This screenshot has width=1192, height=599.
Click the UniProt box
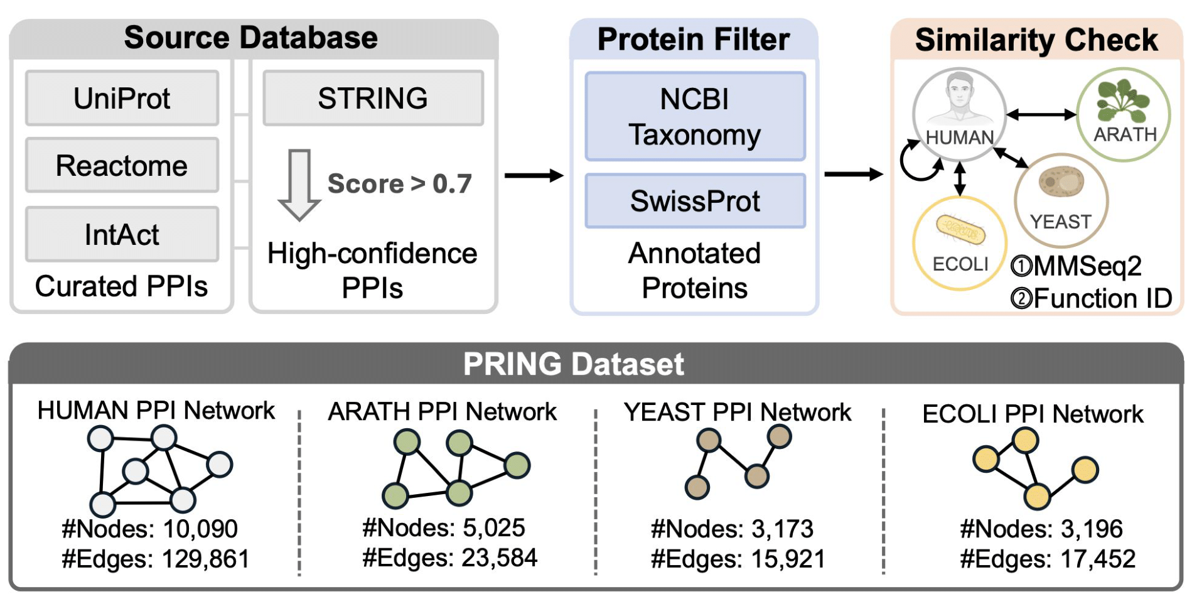pyautogui.click(x=122, y=98)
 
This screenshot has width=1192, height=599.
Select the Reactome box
pyautogui.click(x=122, y=166)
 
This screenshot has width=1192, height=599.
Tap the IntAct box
pyautogui.click(x=122, y=234)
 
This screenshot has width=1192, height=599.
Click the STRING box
pyautogui.click(x=373, y=98)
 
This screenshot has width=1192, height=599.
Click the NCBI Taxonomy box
pyautogui.click(x=695, y=117)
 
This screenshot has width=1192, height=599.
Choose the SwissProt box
pyautogui.click(x=695, y=201)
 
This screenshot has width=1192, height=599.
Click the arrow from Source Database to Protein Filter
pyautogui.click(x=534, y=176)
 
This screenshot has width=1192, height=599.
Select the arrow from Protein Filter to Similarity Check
pyautogui.click(x=853, y=175)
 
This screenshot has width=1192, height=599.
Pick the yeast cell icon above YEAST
pyautogui.click(x=1061, y=182)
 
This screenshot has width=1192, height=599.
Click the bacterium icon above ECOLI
pyautogui.click(x=960, y=231)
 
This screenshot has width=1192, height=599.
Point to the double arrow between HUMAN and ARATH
pyautogui.click(x=1041, y=114)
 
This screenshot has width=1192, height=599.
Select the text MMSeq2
pyautogui.click(x=1087, y=266)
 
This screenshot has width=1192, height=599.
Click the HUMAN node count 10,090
pyautogui.click(x=200, y=529)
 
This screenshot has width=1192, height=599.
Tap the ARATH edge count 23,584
pyautogui.click(x=500, y=558)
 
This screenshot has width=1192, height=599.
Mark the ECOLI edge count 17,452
pyautogui.click(x=1098, y=559)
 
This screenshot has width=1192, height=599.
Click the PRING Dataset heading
pyautogui.click(x=573, y=364)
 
